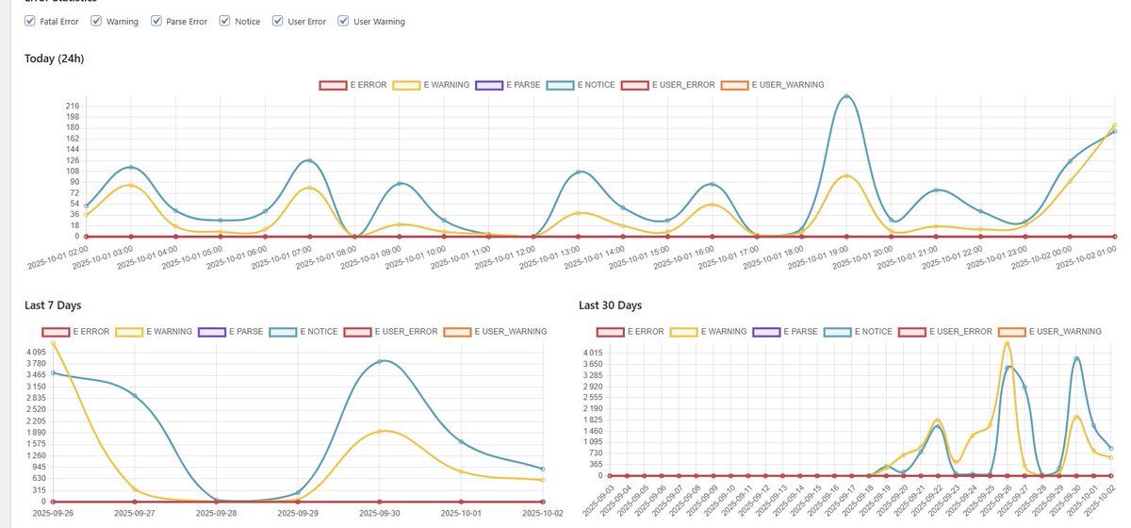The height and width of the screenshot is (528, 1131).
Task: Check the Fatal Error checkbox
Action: [29, 21]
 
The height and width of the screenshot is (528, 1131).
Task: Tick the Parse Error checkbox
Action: [156, 21]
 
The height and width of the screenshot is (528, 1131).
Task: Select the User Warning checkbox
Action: [343, 21]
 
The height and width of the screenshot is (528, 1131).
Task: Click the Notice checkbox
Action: [225, 21]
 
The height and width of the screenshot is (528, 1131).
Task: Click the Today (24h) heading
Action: [56, 58]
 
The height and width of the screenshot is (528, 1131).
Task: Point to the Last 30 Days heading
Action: [610, 305]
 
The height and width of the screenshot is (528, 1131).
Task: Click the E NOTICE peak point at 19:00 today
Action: [846, 96]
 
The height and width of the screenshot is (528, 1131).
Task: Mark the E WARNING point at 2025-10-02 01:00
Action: [1114, 125]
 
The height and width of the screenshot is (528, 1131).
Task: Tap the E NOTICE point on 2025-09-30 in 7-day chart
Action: [380, 361]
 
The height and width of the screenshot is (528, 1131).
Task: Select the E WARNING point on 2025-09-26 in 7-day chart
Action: [53, 343]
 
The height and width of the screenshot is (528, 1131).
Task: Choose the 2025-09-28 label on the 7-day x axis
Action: [217, 513]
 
